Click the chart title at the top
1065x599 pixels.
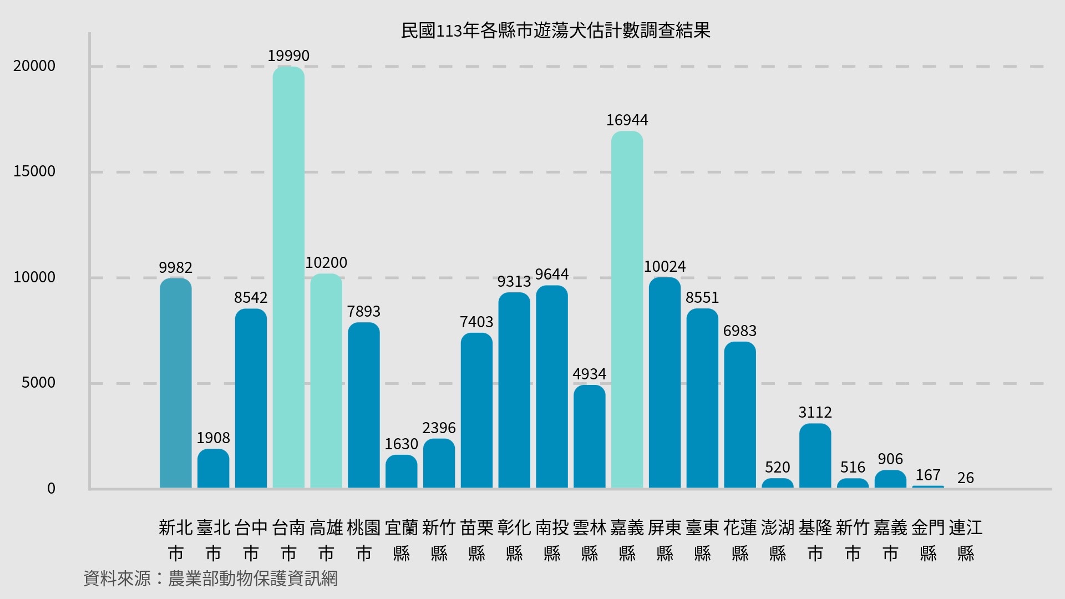555,31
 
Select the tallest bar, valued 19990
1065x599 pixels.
288,277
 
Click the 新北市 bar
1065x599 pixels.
175,383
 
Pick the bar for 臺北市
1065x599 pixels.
213,469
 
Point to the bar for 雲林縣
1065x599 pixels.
589,436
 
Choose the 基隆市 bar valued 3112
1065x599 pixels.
815,456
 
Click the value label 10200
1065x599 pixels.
326,262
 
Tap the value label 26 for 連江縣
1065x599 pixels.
965,478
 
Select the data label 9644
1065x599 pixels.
551,274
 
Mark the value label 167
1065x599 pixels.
927,475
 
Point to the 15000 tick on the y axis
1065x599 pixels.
34,171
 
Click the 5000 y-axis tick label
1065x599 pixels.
38,383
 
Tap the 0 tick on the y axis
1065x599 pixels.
51,488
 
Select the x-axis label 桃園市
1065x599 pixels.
364,540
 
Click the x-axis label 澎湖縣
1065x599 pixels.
778,540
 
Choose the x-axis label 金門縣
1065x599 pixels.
928,540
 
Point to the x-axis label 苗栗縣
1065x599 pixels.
476,540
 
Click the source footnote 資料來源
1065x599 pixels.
210,578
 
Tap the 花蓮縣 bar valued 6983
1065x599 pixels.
740,415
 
